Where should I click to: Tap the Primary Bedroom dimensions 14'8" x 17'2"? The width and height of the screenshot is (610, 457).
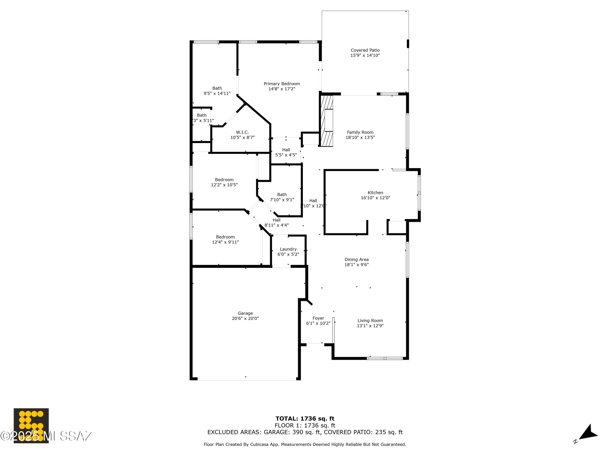(x=282, y=89)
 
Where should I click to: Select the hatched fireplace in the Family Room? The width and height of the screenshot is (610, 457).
(x=327, y=121)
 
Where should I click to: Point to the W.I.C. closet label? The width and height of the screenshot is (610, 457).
(x=242, y=132)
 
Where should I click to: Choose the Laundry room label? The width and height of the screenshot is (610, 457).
(x=288, y=249)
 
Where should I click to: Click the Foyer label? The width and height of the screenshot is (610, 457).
(x=318, y=318)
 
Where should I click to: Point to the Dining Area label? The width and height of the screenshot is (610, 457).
(x=356, y=260)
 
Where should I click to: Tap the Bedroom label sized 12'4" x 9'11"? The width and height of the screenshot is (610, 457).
(x=225, y=237)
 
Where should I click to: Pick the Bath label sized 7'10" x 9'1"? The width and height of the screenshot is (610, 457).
(x=282, y=195)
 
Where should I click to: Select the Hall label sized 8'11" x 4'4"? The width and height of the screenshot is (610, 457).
(x=276, y=220)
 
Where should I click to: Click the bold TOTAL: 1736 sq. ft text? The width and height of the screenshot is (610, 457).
(x=305, y=419)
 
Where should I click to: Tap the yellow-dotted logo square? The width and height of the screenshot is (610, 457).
(x=31, y=425)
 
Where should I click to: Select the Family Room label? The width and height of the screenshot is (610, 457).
(x=360, y=132)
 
